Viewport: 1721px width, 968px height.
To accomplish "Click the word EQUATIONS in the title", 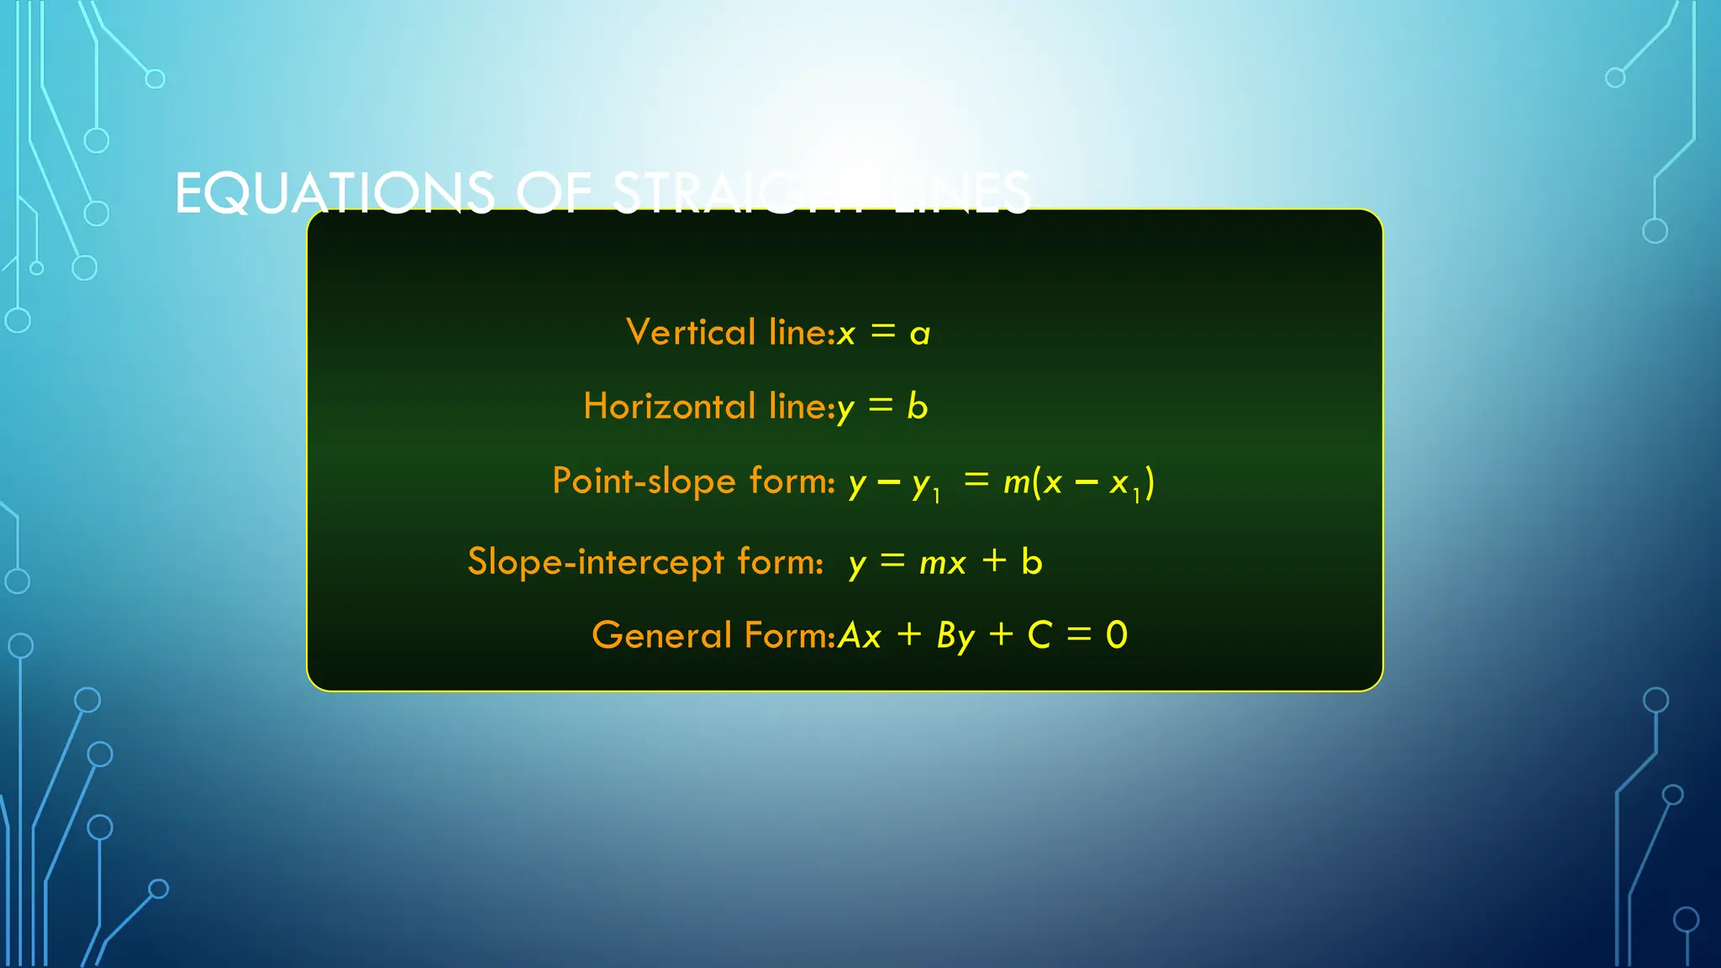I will [334, 193].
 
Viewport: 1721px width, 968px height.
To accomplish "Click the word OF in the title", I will [554, 193].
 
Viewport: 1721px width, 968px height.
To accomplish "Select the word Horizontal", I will [670, 406].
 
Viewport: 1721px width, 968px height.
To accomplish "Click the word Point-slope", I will [644, 481].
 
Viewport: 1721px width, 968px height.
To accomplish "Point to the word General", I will [662, 635].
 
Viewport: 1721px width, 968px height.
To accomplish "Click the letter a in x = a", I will [920, 334].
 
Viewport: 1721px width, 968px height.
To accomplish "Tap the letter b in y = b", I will [917, 407].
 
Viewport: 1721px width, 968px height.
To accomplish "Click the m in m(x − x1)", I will [1017, 482].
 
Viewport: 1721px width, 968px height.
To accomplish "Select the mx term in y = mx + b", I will [943, 563].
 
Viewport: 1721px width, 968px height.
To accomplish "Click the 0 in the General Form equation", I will [1116, 635].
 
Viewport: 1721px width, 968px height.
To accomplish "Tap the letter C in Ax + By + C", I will [1039, 635].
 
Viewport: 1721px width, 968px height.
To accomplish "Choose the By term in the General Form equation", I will [956, 637].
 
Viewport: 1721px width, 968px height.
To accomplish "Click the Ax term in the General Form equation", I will [860, 636].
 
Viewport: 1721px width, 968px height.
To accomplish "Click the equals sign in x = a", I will [883, 332].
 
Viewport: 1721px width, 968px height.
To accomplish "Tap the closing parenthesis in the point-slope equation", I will [1150, 482].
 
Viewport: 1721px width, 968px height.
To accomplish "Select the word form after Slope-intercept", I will [779, 561].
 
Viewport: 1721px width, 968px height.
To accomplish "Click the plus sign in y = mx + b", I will [994, 560].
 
